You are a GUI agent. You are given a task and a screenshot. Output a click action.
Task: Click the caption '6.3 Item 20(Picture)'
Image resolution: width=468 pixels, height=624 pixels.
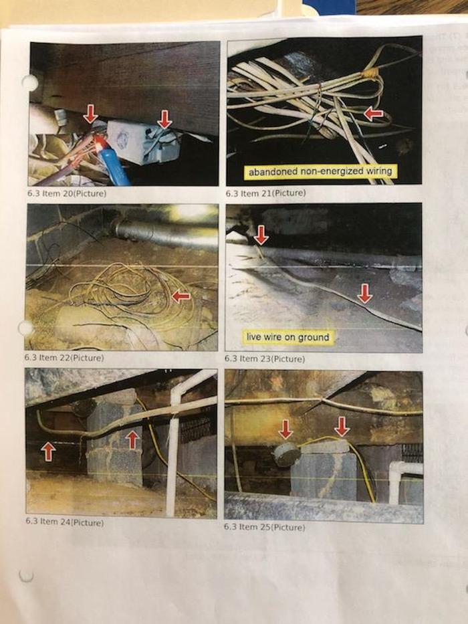point(67,193)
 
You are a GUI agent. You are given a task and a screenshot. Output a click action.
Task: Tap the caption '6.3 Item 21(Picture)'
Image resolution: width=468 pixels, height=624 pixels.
point(266,193)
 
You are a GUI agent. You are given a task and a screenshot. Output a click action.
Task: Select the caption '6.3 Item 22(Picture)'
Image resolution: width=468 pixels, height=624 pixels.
point(64,357)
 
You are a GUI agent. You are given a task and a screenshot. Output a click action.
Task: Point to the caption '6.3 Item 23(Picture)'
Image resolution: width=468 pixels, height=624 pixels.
point(265,358)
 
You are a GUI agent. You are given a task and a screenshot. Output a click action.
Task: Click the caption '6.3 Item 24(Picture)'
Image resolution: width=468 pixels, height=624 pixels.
point(64,522)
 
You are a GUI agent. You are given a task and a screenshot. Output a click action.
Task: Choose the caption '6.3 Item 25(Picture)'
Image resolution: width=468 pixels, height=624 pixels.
point(264,527)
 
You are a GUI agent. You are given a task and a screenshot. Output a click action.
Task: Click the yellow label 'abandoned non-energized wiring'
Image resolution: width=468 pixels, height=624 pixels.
point(320,171)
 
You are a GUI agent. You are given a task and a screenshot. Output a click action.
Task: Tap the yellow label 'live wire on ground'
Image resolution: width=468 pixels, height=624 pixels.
point(288,337)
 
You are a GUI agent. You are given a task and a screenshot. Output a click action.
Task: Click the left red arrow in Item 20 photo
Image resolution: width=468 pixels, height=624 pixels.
point(91,114)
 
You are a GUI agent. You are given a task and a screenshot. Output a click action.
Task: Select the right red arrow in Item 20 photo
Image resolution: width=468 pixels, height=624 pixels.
point(164,119)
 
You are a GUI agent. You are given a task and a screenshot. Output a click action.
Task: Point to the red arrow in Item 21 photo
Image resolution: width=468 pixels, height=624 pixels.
point(373,114)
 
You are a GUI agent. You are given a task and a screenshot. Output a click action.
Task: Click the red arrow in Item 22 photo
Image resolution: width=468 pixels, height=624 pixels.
point(181,296)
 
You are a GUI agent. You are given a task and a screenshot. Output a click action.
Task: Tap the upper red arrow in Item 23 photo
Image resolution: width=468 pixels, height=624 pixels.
point(261,235)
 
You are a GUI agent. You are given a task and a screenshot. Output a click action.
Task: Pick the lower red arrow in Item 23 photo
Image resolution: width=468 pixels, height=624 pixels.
point(364,294)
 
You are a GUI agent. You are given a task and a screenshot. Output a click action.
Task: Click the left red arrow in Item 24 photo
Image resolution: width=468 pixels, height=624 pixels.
point(47,452)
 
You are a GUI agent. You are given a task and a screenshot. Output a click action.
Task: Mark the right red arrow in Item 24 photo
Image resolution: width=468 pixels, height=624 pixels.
point(132,441)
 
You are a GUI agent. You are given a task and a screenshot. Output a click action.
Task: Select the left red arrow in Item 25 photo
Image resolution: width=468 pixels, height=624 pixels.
point(285,429)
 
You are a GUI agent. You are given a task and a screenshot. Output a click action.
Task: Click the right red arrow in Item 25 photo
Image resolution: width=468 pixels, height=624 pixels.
point(342,426)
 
